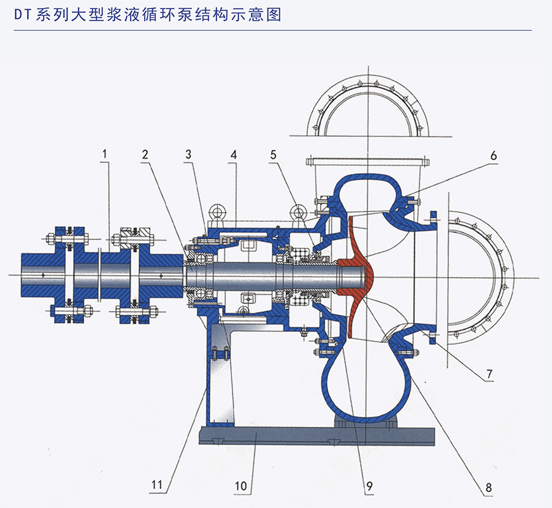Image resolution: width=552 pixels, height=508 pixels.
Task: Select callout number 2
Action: pos(145,154)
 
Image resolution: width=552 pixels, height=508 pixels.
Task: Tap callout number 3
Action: pos(188,154)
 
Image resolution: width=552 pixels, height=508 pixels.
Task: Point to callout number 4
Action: pos(233,154)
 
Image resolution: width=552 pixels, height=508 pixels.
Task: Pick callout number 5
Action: pos(273,154)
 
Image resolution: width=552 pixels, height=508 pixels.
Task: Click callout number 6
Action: pos(493,155)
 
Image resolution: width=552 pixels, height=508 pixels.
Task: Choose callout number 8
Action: pos(488,488)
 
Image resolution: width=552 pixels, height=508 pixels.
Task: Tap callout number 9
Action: pos(369,487)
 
